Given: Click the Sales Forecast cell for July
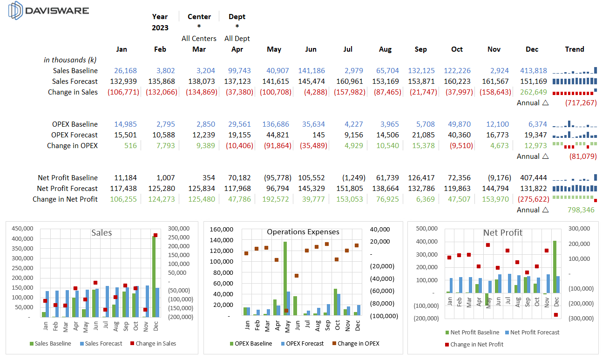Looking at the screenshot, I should click(x=349, y=82).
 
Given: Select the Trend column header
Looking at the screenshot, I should click(x=575, y=49).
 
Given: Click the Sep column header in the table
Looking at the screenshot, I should click(x=420, y=49).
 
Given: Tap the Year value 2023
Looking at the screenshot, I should click(x=160, y=28).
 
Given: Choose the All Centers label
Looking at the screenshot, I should click(x=199, y=39).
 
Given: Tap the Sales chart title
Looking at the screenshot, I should click(x=101, y=232).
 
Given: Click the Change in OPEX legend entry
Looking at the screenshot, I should click(x=356, y=344).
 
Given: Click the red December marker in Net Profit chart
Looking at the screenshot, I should click(x=555, y=315).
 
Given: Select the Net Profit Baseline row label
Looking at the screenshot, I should click(x=68, y=178).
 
